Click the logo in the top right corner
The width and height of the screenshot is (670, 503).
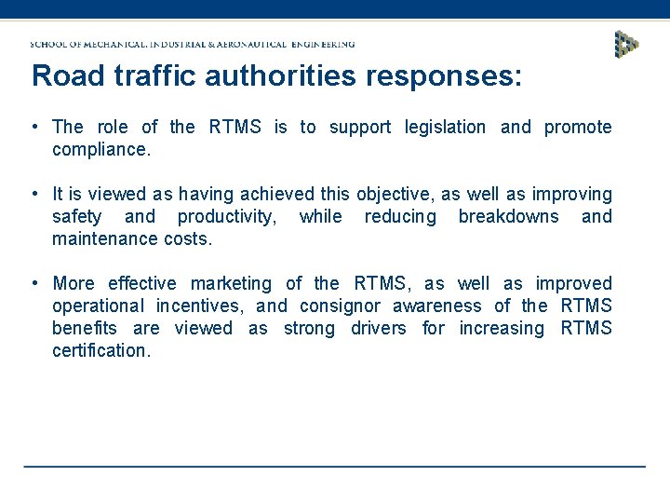[626, 43]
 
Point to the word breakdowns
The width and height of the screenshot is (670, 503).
[508, 216]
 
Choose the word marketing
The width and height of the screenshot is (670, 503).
[231, 283]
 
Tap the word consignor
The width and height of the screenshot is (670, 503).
[340, 306]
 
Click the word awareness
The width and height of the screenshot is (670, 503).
[437, 306]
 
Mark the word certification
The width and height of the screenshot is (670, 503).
[100, 350]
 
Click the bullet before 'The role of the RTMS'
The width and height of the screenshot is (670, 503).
[33, 127]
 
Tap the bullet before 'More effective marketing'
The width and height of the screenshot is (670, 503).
[33, 283]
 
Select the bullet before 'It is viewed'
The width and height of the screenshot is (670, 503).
[33, 194]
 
